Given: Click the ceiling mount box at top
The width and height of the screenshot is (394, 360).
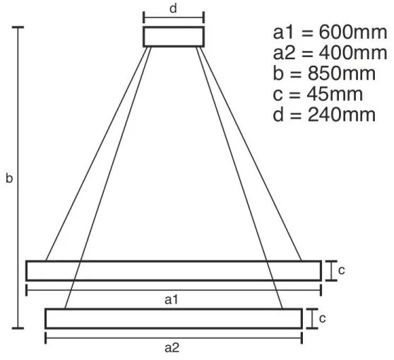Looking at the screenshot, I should click(x=174, y=37).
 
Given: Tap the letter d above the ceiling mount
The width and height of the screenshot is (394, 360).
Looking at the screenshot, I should click(x=173, y=9).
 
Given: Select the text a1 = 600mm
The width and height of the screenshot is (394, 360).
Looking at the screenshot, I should click(x=330, y=33).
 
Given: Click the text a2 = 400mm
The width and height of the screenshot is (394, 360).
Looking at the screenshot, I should click(x=330, y=54).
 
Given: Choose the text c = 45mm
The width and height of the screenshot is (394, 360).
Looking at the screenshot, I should click(x=318, y=94).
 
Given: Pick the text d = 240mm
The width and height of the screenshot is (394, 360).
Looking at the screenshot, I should click(x=324, y=114).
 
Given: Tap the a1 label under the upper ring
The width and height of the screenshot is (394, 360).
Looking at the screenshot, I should click(x=171, y=300).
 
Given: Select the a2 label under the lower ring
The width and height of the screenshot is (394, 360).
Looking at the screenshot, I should click(x=172, y=347).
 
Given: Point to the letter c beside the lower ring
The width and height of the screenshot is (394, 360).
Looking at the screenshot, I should click(x=323, y=318).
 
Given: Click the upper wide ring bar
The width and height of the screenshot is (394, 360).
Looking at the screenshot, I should click(x=174, y=270).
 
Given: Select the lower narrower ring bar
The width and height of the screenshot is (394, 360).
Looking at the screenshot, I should click(x=174, y=318).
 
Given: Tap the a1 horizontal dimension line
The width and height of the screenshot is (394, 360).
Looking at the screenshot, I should click(x=106, y=290).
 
